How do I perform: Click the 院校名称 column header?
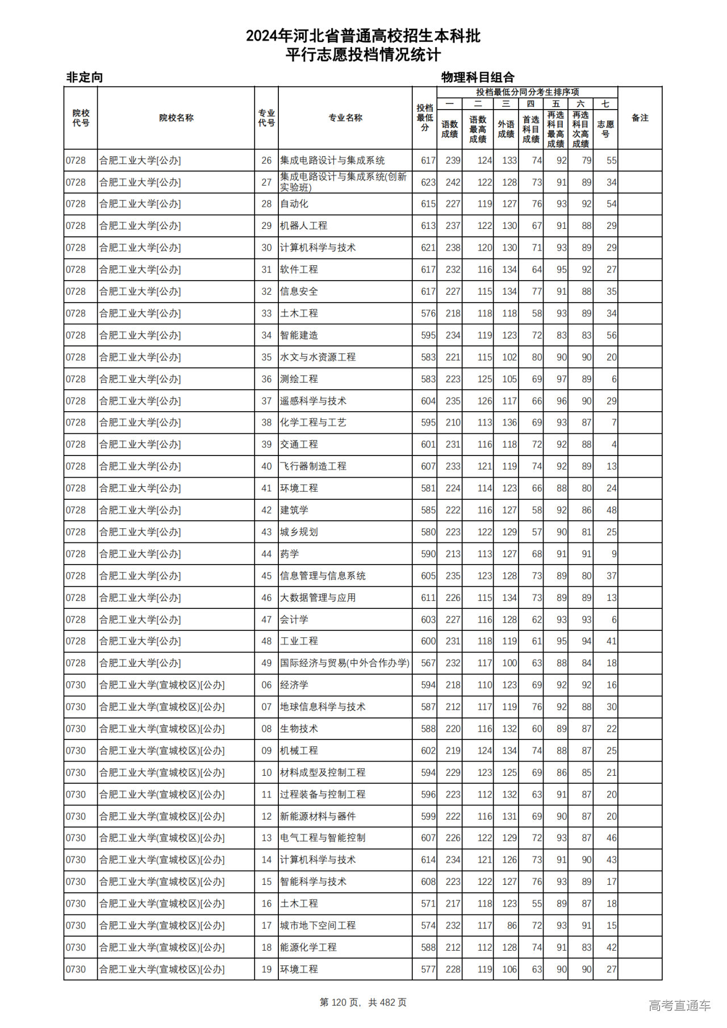(x=176, y=118)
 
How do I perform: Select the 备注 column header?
(x=640, y=118)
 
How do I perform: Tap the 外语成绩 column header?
(x=505, y=129)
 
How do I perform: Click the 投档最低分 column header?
(x=424, y=118)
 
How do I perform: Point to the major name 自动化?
(x=294, y=204)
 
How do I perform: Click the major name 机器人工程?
(x=303, y=226)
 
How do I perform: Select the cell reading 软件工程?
(x=299, y=270)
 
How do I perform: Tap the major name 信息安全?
(x=299, y=292)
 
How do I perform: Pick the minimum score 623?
(x=428, y=182)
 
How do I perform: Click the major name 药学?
(x=290, y=554)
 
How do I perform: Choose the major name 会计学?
(x=294, y=620)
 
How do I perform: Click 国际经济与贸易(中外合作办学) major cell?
(x=344, y=663)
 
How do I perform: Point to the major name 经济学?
(x=294, y=686)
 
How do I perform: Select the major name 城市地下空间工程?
(x=317, y=926)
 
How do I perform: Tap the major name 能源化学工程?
(x=308, y=948)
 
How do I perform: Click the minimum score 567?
(x=428, y=663)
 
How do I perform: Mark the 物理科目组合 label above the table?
(x=478, y=77)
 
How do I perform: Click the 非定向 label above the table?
(x=85, y=77)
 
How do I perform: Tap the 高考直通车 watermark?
(x=679, y=1006)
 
